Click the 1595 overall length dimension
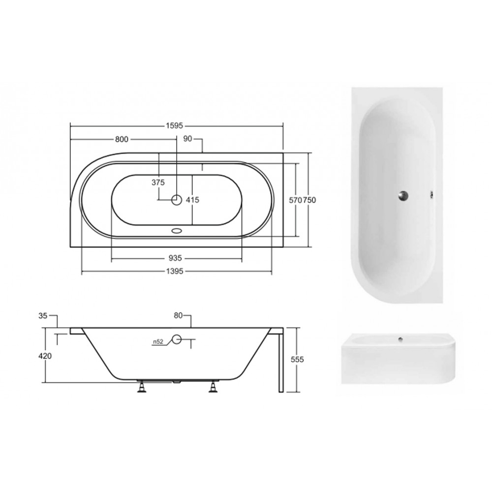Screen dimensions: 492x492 (x=174, y=126)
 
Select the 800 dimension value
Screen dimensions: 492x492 (x=122, y=139)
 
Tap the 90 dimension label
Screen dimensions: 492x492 (x=187, y=139)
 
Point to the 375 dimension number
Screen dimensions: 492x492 (x=158, y=183)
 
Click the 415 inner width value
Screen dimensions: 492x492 (x=192, y=200)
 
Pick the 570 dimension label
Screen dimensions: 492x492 (x=295, y=200)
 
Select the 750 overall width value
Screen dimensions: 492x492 (x=309, y=200)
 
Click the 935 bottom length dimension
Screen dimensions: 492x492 (x=175, y=258)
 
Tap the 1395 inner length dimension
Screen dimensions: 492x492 (x=175, y=272)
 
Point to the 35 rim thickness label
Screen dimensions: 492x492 (x=43, y=316)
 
